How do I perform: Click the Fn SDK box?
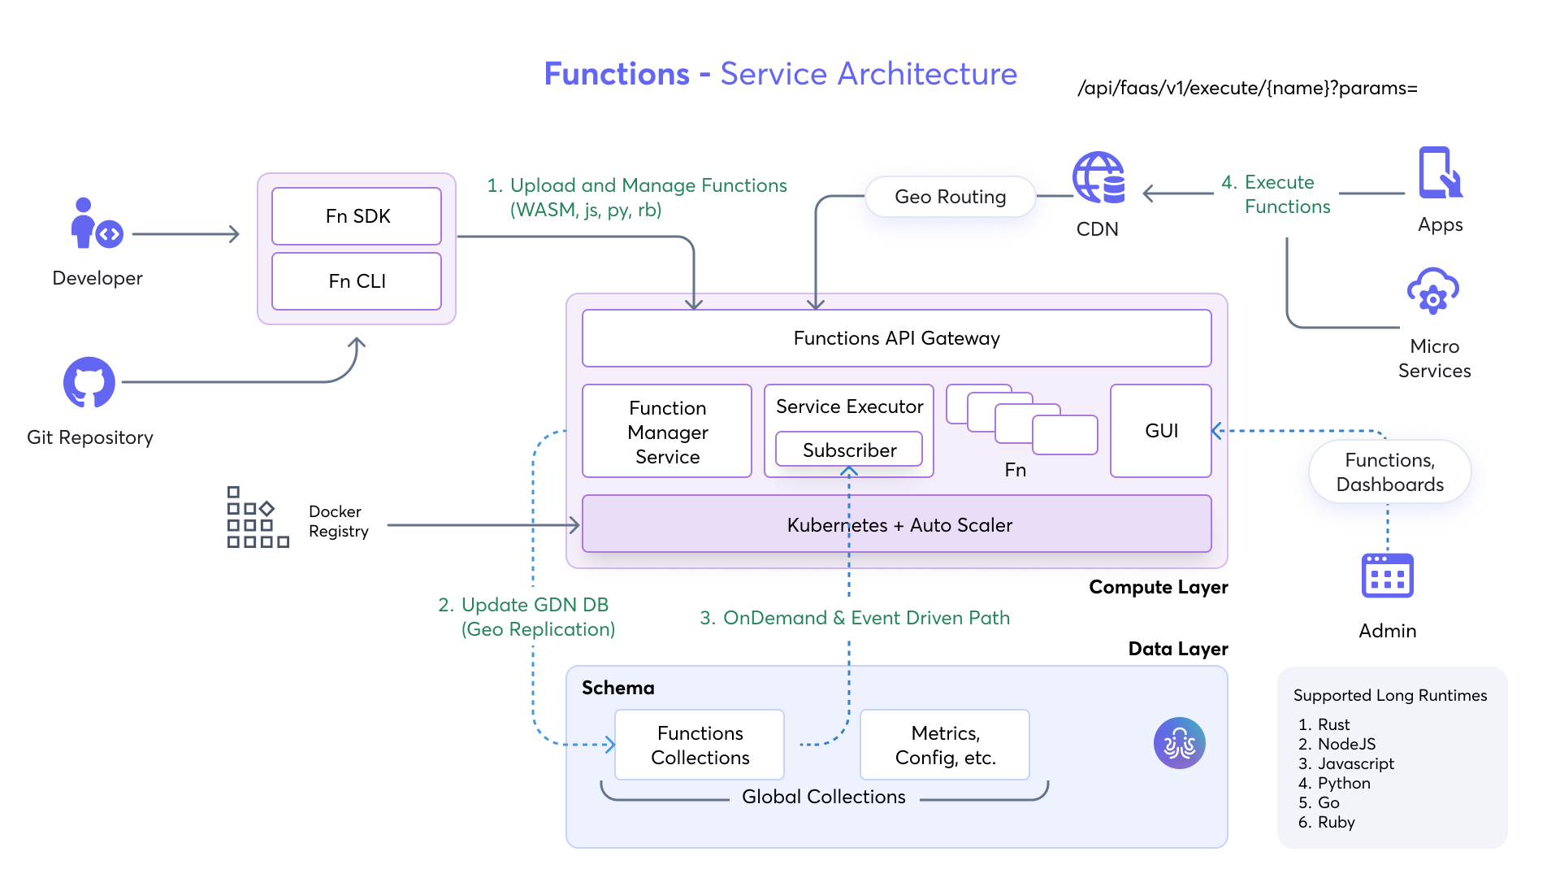[357, 216]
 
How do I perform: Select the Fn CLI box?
[357, 281]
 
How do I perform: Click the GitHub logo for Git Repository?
[89, 382]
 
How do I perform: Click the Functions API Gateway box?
[896, 338]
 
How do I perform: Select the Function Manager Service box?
[667, 432]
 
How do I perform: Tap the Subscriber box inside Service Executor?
[849, 450]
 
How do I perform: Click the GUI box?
[1161, 431]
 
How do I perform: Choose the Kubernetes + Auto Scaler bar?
[896, 525]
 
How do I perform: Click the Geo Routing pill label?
[950, 197]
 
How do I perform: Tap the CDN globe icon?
[1098, 177]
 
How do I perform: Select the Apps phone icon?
[1439, 173]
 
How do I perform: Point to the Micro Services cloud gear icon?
[1433, 291]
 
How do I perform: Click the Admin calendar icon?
[1387, 576]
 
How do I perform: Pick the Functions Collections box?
[700, 745]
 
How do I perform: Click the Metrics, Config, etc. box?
[945, 745]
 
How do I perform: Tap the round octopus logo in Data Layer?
[1179, 743]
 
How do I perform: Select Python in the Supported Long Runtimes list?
[1344, 784]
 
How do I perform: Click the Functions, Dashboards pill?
[1389, 472]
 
